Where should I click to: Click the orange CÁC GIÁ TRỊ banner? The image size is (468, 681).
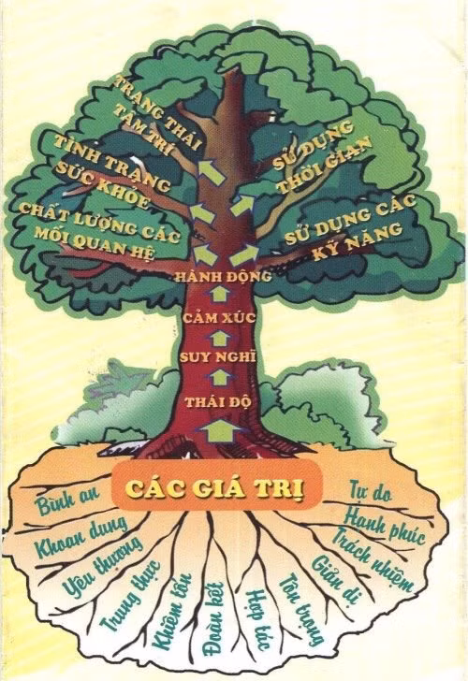click(x=217, y=485)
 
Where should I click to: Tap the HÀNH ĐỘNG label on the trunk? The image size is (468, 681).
click(x=224, y=277)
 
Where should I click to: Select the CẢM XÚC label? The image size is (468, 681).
click(x=219, y=317)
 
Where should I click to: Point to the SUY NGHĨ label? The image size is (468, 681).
click(x=218, y=357)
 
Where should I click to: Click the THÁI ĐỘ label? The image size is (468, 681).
click(x=219, y=401)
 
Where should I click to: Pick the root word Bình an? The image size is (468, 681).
click(x=67, y=499)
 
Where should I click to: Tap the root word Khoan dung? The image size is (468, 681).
click(x=81, y=537)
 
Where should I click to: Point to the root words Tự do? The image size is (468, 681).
click(x=371, y=492)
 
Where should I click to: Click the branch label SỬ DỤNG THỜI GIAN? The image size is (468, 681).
click(x=322, y=157)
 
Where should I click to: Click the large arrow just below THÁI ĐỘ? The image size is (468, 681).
click(x=219, y=430)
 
